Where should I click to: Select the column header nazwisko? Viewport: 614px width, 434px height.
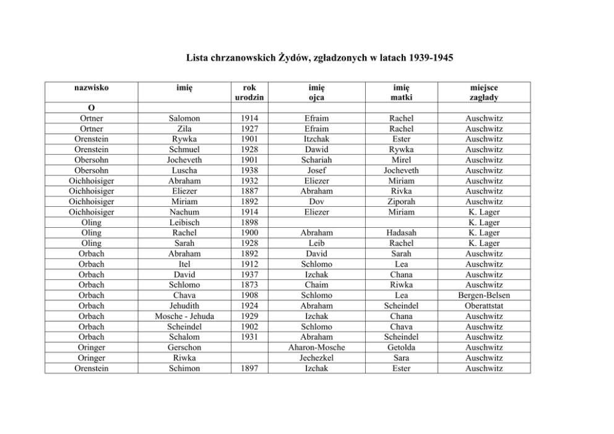click(91, 87)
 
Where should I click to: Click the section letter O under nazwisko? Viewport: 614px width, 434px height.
click(91, 108)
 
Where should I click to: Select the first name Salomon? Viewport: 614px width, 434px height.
click(184, 118)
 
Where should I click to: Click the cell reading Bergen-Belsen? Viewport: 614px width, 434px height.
click(483, 295)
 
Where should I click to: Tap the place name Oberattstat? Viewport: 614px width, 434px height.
click(483, 306)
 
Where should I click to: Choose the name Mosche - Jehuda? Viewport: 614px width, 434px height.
click(184, 316)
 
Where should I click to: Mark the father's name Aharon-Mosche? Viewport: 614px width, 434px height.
click(317, 347)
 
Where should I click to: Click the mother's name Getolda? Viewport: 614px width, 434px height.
click(401, 347)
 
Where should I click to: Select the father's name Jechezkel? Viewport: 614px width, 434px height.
click(317, 358)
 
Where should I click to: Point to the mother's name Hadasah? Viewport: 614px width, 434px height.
click(401, 233)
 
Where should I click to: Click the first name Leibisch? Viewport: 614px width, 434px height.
click(184, 222)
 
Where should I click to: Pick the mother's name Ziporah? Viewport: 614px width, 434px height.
click(401, 202)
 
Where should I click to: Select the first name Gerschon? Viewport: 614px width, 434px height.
click(184, 347)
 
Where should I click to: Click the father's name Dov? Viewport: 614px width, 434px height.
click(317, 202)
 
